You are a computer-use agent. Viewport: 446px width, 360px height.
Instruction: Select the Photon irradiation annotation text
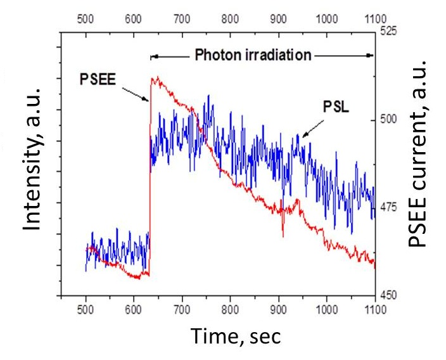point(253,55)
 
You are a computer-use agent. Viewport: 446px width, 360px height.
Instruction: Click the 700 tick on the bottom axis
point(182,310)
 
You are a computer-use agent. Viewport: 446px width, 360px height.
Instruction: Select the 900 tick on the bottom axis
point(278,310)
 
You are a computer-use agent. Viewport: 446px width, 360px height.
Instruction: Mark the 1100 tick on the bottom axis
point(375,310)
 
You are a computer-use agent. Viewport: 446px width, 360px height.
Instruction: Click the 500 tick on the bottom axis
point(86,310)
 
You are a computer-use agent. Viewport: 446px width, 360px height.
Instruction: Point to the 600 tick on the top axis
point(134,19)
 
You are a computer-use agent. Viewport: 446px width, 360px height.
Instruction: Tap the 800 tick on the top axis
point(230,19)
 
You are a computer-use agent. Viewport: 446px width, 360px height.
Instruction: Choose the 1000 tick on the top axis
point(326,19)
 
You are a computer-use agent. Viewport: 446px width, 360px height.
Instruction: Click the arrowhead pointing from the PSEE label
point(148,100)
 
